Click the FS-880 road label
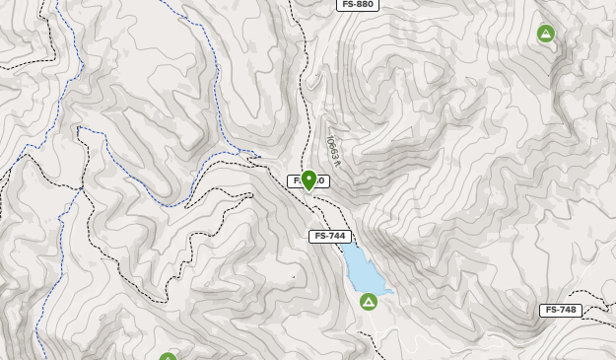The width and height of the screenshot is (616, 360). point(357,5)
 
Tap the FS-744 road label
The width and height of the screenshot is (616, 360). point(330,237)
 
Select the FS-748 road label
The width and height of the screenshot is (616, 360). point(561,310)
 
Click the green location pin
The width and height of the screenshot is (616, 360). point(308,180)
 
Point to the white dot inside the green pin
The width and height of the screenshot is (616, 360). point(308,178)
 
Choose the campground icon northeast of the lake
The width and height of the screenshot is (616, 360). point(546,35)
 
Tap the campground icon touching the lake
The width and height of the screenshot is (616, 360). point(369,301)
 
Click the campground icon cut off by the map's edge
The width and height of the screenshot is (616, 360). point(169,357)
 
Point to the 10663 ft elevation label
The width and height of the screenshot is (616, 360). point(333,149)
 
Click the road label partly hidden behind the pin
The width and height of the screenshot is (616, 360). point(306,181)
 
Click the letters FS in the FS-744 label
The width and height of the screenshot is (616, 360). point(320,237)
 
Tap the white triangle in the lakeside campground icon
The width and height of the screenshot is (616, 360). point(369,302)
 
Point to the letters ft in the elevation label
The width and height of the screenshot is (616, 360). point(336,159)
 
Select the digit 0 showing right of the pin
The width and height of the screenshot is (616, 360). point(321,181)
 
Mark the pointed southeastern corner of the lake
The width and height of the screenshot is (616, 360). point(392,292)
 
